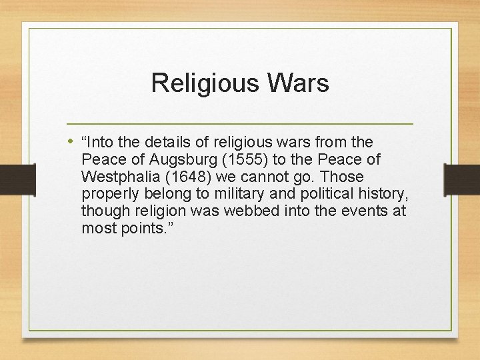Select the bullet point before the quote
71,141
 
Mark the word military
226,194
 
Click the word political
304,194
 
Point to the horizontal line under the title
240,124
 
